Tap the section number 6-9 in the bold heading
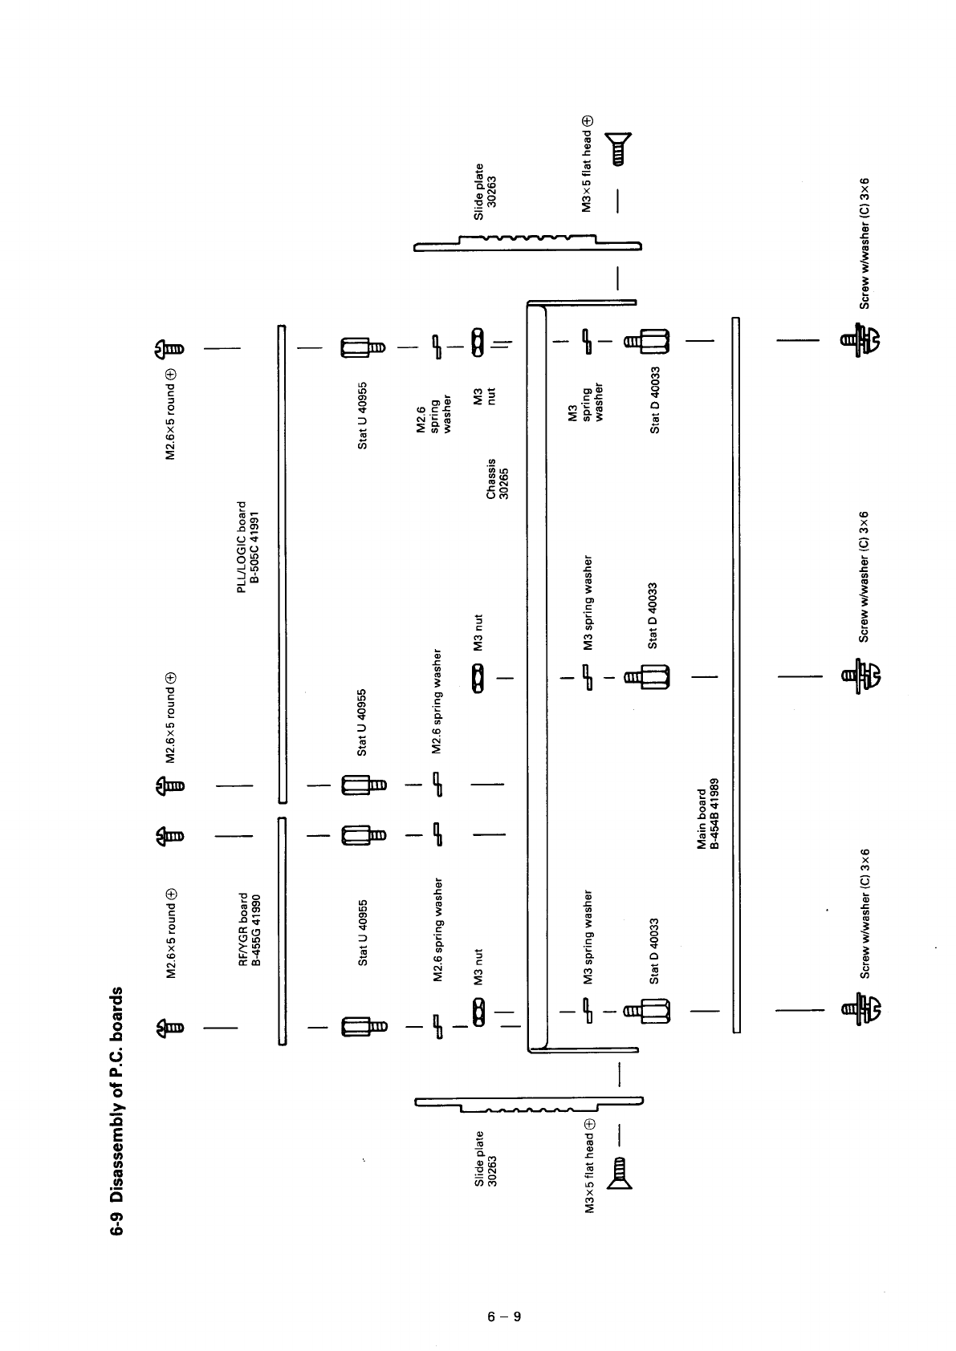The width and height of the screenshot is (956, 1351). click(117, 1221)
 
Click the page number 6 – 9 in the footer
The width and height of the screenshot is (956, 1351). click(504, 1317)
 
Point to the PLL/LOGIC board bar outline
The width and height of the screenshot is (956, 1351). click(282, 562)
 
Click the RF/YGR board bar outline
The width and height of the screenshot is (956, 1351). click(282, 931)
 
